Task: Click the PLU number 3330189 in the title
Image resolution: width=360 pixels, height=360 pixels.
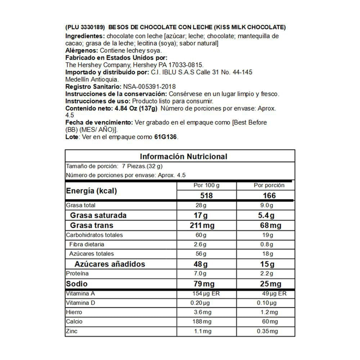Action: (x=91, y=27)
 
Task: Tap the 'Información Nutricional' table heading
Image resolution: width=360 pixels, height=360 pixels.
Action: (x=184, y=156)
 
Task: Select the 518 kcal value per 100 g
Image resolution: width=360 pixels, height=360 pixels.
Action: (x=207, y=195)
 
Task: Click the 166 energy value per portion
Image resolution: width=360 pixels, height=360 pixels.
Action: (x=269, y=195)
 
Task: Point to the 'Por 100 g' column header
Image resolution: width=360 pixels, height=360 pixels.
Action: (x=206, y=185)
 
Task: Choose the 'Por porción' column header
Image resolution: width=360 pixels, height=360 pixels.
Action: (x=269, y=185)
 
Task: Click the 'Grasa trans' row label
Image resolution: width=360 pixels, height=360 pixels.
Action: (x=91, y=225)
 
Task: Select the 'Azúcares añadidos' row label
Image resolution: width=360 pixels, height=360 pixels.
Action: (x=110, y=264)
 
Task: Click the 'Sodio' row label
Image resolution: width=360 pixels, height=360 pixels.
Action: (x=76, y=284)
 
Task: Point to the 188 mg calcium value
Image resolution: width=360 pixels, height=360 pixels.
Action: (x=202, y=321)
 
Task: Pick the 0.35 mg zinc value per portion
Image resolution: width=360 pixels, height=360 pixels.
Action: (x=267, y=331)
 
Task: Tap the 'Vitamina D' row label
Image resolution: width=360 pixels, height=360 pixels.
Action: (x=80, y=303)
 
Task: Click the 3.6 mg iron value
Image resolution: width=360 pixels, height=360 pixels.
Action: (x=202, y=312)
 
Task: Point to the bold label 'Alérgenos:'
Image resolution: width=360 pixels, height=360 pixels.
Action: (x=82, y=51)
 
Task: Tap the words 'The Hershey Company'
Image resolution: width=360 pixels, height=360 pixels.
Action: (x=98, y=65)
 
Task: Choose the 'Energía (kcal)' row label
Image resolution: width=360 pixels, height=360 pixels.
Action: (x=91, y=191)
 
